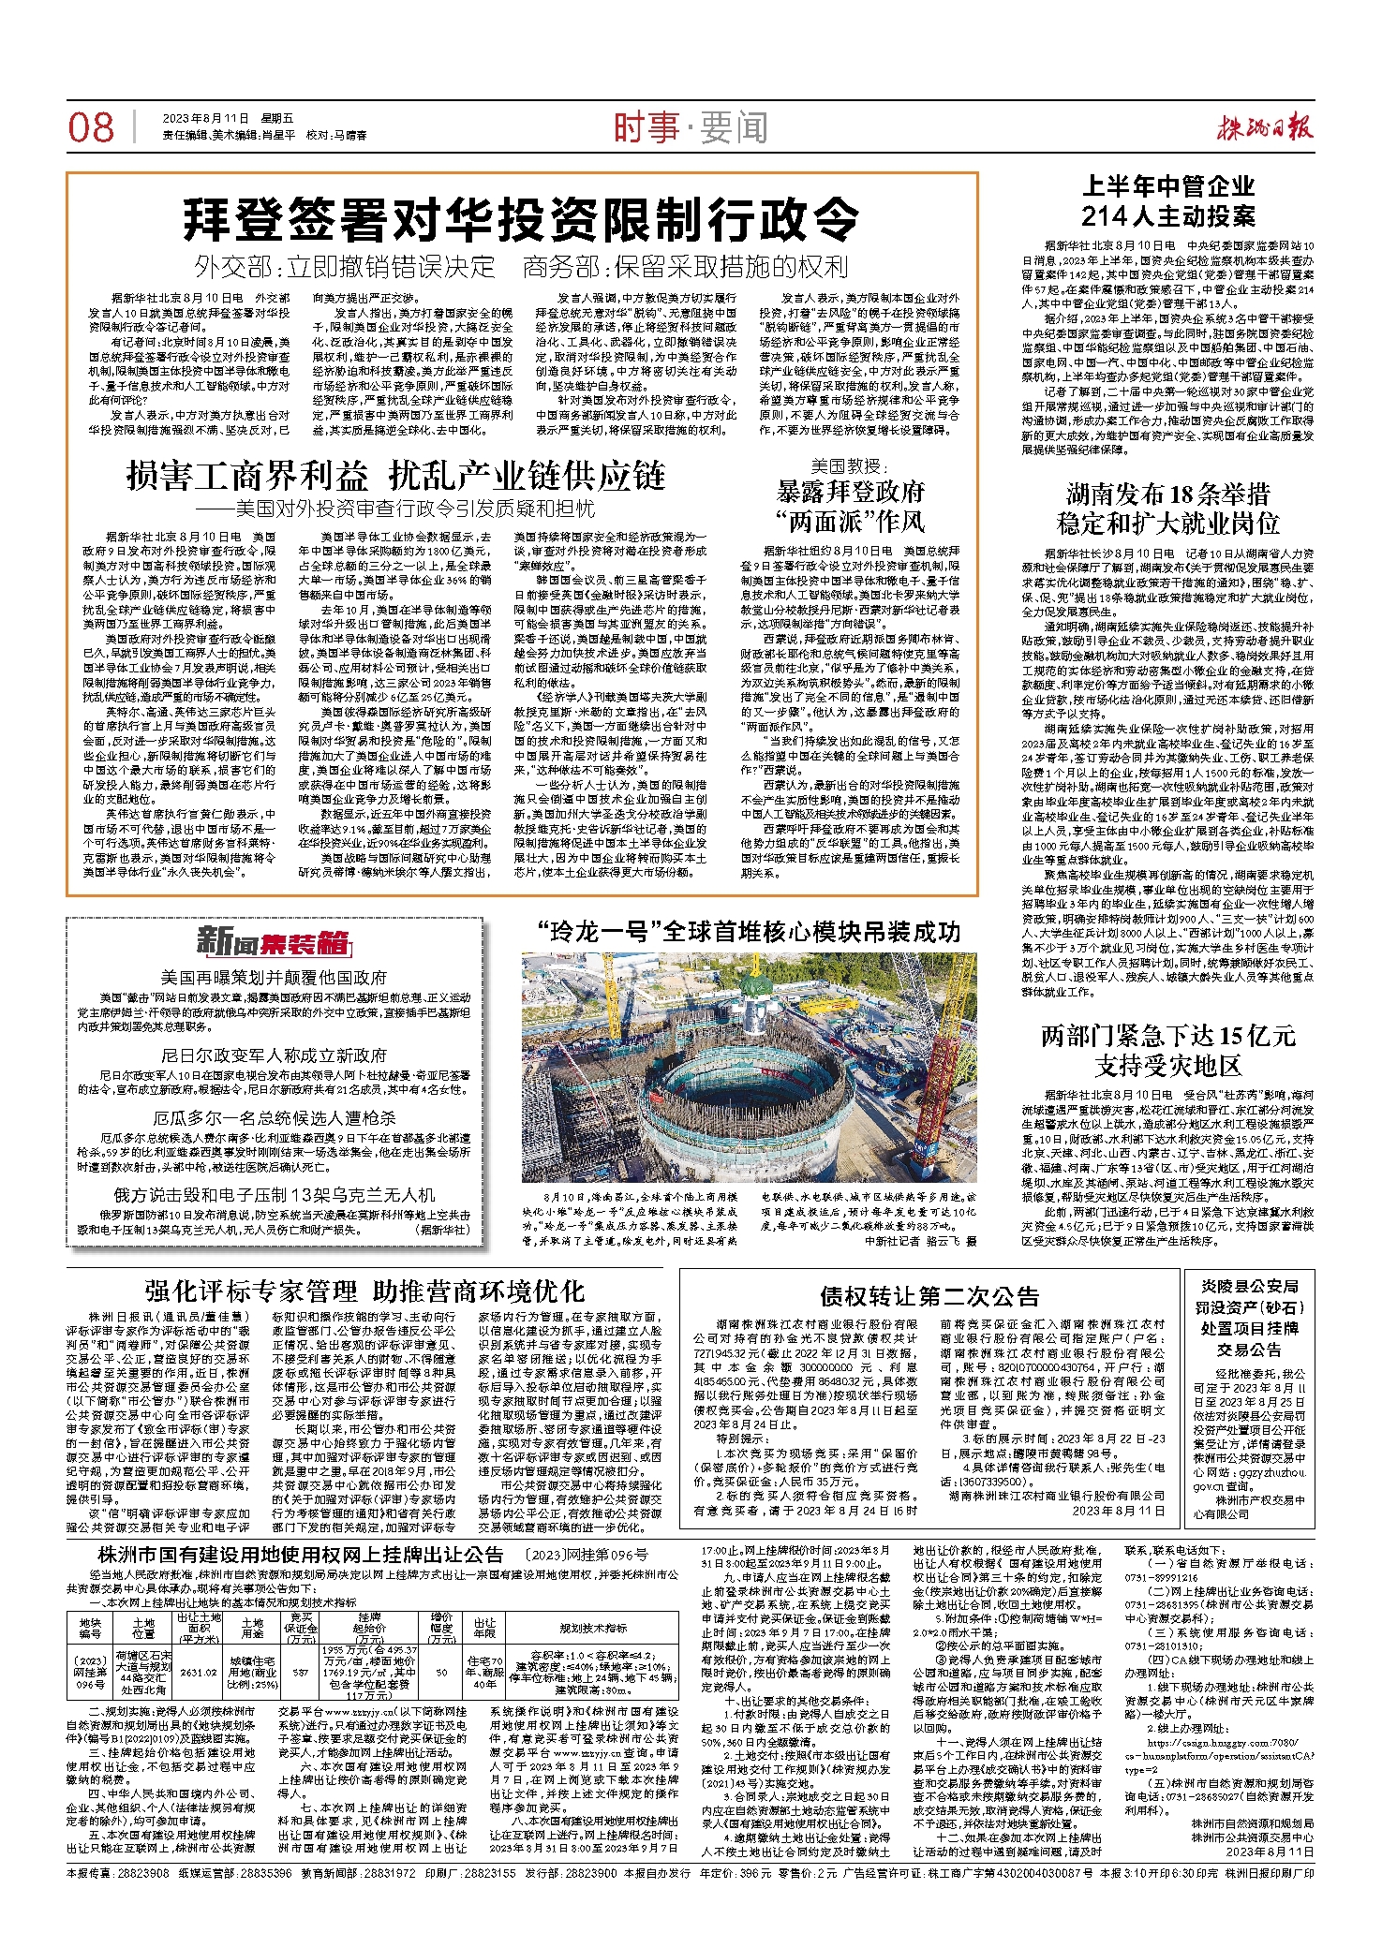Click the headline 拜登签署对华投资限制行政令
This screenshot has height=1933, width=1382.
(521, 219)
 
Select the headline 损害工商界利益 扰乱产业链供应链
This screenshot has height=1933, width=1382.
(395, 477)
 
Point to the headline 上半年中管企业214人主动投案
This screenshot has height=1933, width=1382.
(1167, 201)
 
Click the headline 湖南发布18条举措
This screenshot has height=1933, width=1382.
(1167, 494)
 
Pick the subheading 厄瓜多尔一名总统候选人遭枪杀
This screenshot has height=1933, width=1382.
(274, 1117)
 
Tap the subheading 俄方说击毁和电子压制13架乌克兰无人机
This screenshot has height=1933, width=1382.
(274, 1195)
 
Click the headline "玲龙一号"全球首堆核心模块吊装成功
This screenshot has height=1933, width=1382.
(749, 932)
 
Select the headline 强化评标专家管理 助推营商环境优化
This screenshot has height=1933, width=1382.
(364, 1291)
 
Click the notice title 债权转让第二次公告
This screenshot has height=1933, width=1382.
(929, 1296)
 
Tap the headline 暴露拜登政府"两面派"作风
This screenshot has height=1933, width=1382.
(850, 506)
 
